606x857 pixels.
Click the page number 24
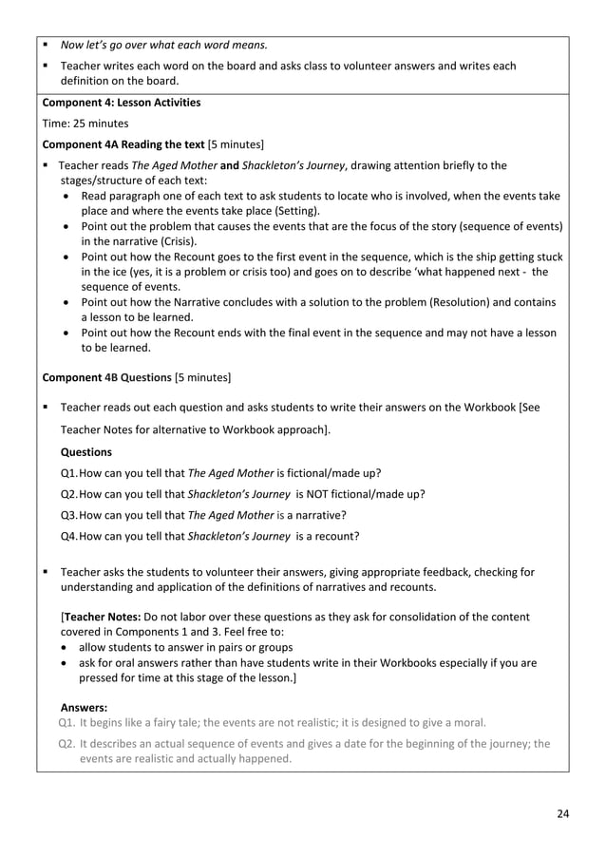coord(562,814)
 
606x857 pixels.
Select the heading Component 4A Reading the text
coord(123,144)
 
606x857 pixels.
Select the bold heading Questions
coord(85,452)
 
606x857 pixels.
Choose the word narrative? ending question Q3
coord(320,515)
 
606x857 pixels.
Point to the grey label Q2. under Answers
coord(67,744)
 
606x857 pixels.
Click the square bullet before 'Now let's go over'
coord(46,44)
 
